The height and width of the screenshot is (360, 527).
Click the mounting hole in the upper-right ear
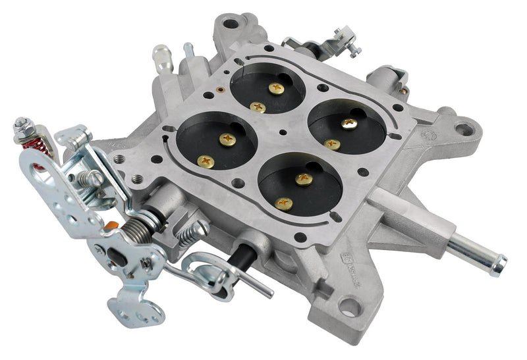coord(466,126)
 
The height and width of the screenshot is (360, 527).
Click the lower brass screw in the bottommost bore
coord(284,203)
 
